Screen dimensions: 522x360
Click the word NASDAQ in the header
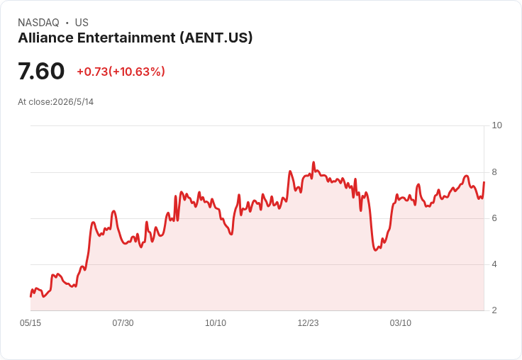click(38, 23)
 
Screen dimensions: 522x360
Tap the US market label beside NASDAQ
click(82, 23)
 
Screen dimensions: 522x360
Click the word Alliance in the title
click(45, 38)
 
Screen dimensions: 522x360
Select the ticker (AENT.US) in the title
click(216, 38)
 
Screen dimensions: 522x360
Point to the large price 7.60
click(41, 71)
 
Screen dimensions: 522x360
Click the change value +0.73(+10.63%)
click(121, 72)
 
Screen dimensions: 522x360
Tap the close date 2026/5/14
click(73, 102)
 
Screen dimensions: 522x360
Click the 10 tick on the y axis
click(496, 125)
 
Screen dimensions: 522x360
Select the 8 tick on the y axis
click(494, 172)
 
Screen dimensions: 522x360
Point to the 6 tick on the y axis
click(494, 218)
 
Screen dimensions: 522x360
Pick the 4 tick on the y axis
click(494, 264)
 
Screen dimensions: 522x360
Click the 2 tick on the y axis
click(494, 310)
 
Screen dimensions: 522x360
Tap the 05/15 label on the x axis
click(30, 323)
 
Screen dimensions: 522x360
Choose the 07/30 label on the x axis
click(123, 323)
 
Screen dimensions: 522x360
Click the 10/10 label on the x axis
click(216, 323)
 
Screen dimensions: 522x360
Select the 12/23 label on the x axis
click(308, 323)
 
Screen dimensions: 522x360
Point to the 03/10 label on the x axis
click(401, 323)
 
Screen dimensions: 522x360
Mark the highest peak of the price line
click(313, 162)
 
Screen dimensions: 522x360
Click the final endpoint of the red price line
click(484, 182)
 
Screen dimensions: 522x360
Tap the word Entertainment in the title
click(126, 38)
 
